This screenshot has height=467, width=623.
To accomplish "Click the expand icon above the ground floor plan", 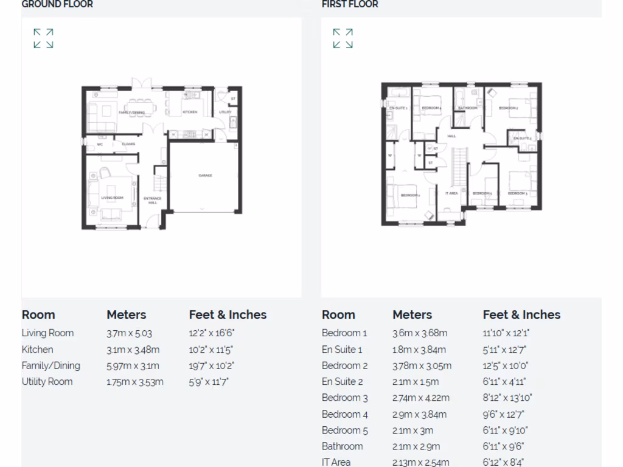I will click(x=43, y=38).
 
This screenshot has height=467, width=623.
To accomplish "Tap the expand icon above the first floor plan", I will click(x=343, y=38).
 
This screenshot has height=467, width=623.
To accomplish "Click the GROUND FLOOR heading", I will click(x=57, y=4).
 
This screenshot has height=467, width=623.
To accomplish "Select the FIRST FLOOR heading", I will click(x=350, y=4).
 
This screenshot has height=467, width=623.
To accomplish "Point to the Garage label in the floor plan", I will click(x=205, y=175).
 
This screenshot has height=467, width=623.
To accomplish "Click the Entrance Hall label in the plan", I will click(x=152, y=200).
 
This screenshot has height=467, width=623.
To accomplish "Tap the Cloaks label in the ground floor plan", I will click(x=128, y=144).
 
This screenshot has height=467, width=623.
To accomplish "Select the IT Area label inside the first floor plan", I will click(x=451, y=193).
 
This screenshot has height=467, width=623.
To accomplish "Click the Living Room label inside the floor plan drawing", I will click(x=112, y=198).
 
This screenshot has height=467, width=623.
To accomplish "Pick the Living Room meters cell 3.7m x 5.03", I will click(x=129, y=333).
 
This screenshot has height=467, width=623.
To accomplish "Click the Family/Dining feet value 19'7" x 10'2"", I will click(x=211, y=366).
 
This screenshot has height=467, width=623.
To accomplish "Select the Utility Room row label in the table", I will click(x=47, y=382).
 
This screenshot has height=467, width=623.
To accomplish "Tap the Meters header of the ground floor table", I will click(x=126, y=315).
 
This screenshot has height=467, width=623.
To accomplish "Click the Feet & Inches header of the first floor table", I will click(x=521, y=315).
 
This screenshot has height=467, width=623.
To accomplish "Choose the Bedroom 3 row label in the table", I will click(x=344, y=398).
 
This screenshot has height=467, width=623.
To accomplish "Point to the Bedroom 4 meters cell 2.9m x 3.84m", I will click(x=419, y=415).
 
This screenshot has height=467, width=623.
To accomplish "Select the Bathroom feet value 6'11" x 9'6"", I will click(x=503, y=446).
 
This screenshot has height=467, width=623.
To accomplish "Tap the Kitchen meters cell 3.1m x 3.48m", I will click(x=133, y=350).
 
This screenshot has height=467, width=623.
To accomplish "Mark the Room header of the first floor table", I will click(x=338, y=315).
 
